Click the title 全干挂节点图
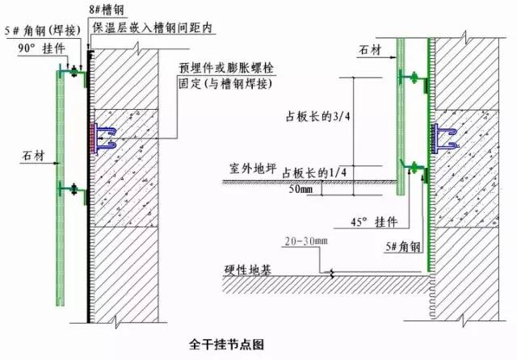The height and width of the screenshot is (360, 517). (226, 345)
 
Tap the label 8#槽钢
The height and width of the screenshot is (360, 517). (107, 10)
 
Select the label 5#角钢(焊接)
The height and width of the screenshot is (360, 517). (43, 31)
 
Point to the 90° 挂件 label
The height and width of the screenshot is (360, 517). (41, 48)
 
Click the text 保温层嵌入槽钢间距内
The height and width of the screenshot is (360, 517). (152, 27)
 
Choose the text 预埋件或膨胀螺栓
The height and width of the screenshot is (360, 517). (226, 68)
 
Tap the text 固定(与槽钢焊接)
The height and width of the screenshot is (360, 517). (225, 83)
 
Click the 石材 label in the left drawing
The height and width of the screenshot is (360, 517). (33, 155)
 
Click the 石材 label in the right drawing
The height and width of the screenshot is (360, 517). (370, 50)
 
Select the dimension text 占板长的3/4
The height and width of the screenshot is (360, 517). (317, 116)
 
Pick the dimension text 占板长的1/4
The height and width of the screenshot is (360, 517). (314, 173)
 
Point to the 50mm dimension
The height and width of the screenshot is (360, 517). (301, 189)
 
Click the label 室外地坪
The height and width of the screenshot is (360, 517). (253, 169)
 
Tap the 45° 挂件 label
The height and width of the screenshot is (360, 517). (374, 222)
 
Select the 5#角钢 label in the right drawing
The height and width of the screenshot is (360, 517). (403, 246)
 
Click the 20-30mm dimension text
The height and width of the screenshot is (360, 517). (306, 241)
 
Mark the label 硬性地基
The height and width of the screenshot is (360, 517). (248, 270)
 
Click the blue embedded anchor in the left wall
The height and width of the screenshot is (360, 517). (106, 138)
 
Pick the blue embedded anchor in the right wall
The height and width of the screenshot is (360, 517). (446, 138)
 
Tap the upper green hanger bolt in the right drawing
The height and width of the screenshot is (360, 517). (414, 78)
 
